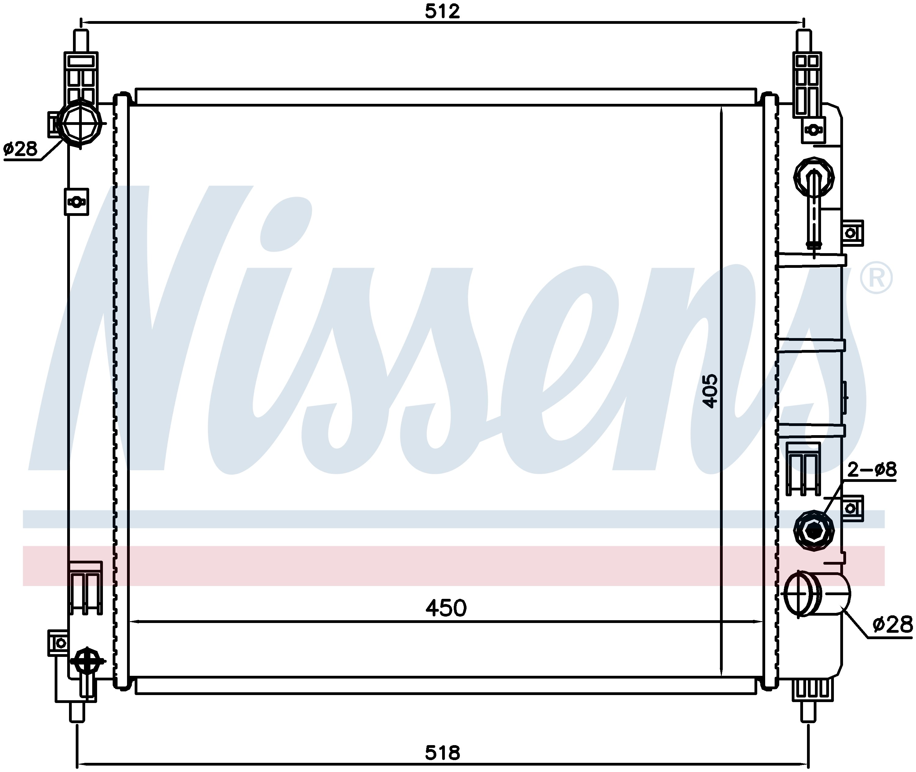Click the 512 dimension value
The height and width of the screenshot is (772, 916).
click(x=442, y=12)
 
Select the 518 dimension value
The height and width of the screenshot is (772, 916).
click(x=442, y=753)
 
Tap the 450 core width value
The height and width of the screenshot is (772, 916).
click(x=446, y=608)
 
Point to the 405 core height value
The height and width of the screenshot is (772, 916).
click(x=710, y=391)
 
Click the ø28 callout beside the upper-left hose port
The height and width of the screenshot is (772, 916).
click(x=20, y=149)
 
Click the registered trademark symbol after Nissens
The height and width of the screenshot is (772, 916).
click(x=876, y=278)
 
